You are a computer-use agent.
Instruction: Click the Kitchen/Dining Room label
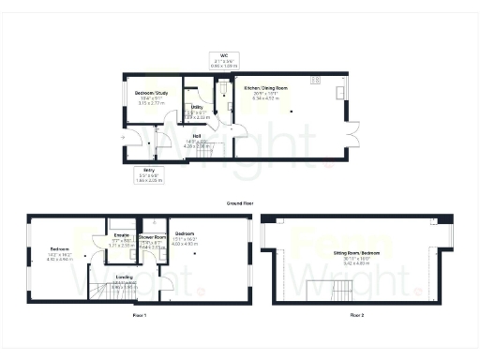click(x=265, y=87)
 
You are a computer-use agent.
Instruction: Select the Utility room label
click(x=197, y=107)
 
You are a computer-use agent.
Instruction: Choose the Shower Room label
click(x=152, y=238)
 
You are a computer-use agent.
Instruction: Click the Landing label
click(x=124, y=277)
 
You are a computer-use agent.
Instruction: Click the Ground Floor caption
click(x=240, y=202)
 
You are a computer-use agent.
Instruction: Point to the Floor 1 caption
click(x=141, y=316)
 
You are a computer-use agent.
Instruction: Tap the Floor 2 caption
click(x=357, y=316)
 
